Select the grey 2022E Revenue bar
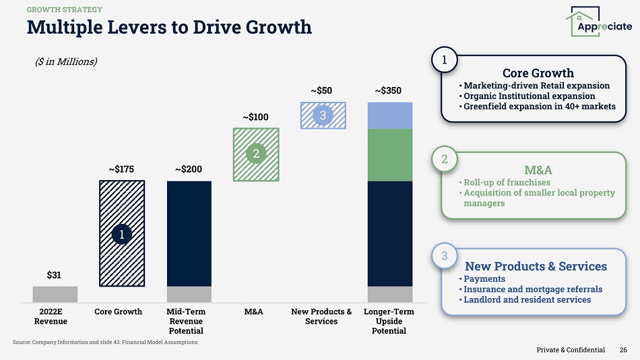click(55, 294)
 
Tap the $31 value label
click(55, 275)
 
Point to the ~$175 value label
click(121, 170)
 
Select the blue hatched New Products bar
click(323, 115)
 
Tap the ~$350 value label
click(389, 90)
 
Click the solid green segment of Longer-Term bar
click(389, 154)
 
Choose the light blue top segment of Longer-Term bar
click(389, 115)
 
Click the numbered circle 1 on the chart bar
click(121, 234)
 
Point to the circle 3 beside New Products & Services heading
click(445, 256)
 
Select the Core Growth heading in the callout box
click(538, 73)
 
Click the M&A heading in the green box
click(538, 169)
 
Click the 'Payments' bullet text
click(484, 278)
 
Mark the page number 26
click(624, 350)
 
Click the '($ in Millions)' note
click(66, 61)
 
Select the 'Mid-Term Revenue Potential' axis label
click(186, 322)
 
